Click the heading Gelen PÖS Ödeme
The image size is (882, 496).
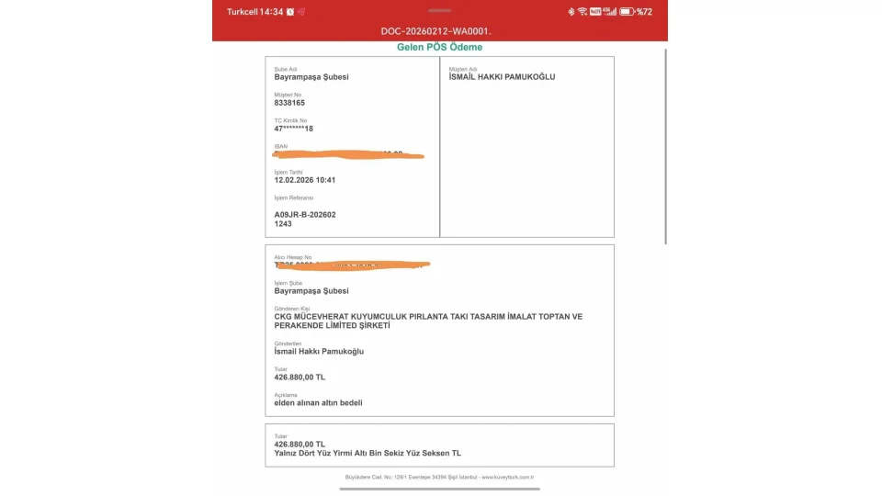click(x=439, y=47)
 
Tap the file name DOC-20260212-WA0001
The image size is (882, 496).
click(x=436, y=31)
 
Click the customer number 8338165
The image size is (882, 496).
click(x=289, y=103)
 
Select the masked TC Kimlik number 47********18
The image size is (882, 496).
click(x=294, y=129)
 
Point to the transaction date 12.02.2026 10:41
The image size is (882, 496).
click(x=305, y=180)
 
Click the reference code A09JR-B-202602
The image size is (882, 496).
click(x=305, y=214)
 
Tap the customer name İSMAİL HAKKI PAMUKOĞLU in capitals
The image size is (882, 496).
click(x=502, y=77)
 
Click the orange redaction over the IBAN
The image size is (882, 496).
click(x=349, y=154)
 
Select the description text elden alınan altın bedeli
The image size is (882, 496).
click(x=318, y=402)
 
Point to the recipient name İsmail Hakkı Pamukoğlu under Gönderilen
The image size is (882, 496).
click(x=319, y=351)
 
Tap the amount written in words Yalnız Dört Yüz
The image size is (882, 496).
click(x=367, y=453)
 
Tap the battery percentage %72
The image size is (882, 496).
click(x=644, y=12)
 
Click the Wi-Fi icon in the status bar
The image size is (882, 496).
click(x=582, y=12)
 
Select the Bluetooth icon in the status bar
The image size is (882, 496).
click(x=570, y=12)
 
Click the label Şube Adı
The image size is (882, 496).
click(x=286, y=69)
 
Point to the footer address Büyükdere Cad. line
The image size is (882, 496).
click(x=439, y=477)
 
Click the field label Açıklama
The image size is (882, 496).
click(x=286, y=394)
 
